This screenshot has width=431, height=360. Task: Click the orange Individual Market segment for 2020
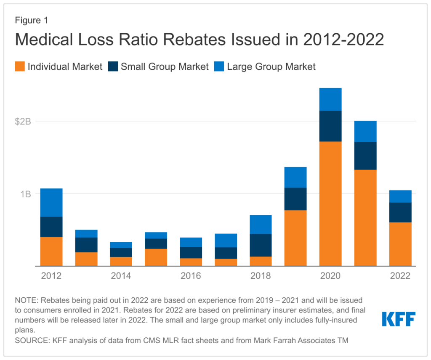pos(330,204)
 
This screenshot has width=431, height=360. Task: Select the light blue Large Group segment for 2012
pos(51,202)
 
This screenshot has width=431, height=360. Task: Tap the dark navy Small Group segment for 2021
pos(365,156)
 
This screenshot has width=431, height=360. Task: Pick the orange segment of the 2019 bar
pos(295,238)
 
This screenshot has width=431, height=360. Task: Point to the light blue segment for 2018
pos(261,224)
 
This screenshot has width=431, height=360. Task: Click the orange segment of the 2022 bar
pos(400,244)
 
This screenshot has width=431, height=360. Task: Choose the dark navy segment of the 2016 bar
pos(191,252)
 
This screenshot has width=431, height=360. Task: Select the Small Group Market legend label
pos(165,66)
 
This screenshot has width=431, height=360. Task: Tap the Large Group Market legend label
pos(271,66)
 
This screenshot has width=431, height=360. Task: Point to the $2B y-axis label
pos(24,122)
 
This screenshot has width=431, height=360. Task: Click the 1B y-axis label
pos(26,194)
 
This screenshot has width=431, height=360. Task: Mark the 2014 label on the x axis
pos(121,276)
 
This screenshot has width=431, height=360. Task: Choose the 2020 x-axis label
pos(330,276)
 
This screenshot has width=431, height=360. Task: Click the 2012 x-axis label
pos(51,276)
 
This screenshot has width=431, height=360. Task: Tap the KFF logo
pos(399,319)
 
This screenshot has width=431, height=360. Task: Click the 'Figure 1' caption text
pos(32,20)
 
